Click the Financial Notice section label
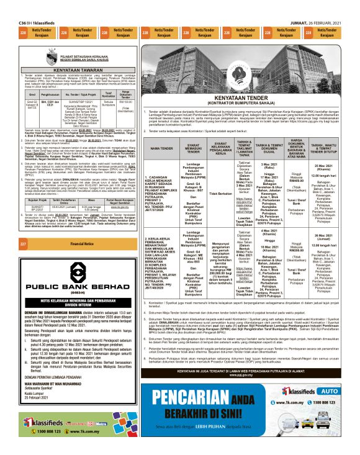82,244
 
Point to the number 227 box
23,244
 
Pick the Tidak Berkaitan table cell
221,194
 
